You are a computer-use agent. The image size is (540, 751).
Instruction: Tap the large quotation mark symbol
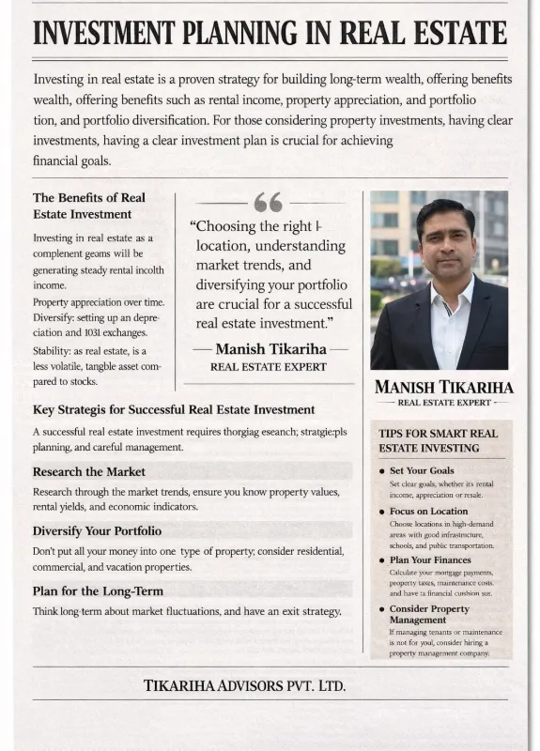(268, 202)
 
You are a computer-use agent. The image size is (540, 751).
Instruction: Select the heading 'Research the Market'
(89, 471)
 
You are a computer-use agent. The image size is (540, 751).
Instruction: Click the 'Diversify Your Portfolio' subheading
(97, 531)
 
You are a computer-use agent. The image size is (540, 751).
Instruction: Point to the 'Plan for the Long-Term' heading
(98, 590)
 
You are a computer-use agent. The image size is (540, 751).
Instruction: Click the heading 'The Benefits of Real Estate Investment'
(89, 206)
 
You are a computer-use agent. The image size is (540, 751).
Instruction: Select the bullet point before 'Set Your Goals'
(381, 470)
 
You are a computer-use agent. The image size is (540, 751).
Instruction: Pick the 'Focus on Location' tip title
(428, 512)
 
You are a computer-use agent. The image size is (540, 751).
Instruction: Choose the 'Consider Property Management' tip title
(429, 614)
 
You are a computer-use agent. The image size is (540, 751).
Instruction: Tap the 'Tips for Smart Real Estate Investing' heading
(438, 440)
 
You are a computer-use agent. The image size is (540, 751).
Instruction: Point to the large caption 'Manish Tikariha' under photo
(443, 387)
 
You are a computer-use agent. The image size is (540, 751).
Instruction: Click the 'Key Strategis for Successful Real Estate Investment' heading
(174, 409)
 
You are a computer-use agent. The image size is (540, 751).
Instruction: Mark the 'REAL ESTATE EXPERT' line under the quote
(269, 366)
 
